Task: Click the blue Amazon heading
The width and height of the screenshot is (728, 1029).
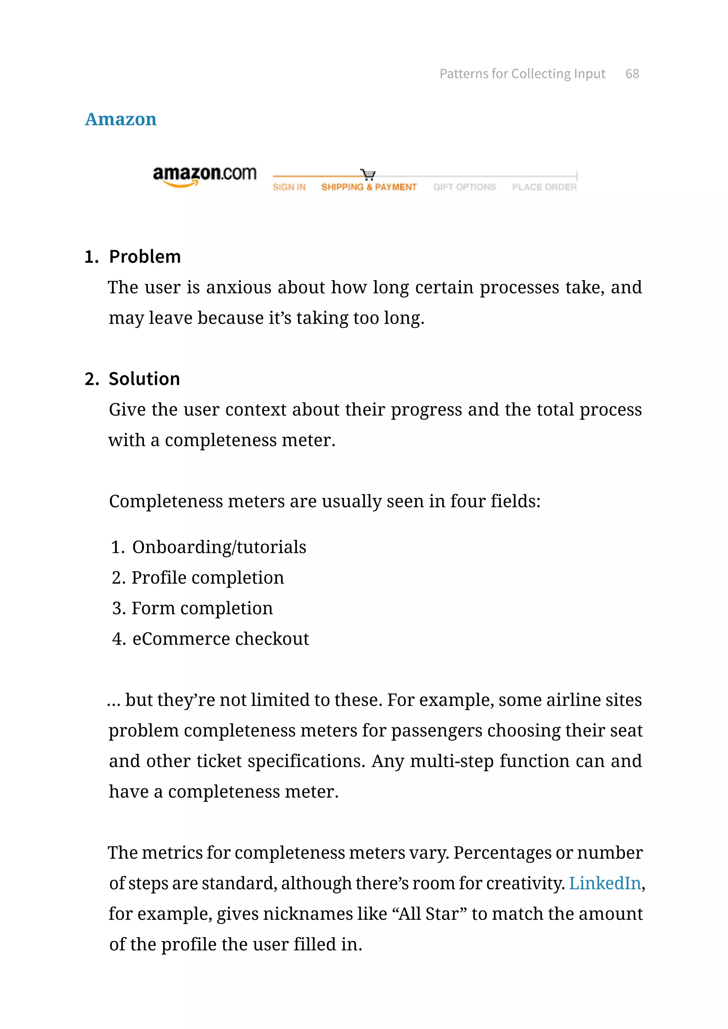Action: point(121,119)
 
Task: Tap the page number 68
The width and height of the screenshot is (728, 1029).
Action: point(632,74)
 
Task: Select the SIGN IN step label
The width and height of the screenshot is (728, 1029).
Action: point(289,187)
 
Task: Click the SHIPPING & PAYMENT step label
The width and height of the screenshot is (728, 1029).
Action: point(369,187)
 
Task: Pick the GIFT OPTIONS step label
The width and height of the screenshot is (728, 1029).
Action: point(464,187)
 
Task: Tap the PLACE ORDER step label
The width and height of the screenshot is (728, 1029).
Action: point(544,187)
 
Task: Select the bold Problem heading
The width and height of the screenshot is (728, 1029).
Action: point(145,257)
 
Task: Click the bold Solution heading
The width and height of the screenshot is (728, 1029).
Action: point(144,379)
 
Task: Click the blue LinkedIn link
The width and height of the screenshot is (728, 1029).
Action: point(605,883)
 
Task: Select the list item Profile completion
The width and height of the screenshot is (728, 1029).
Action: point(208,578)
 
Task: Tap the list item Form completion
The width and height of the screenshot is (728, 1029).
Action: point(202,608)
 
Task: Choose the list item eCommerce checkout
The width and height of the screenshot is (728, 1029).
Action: point(220,639)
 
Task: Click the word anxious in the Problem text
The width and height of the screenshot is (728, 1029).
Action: point(239,287)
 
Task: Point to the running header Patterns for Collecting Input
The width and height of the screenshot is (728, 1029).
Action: point(522,74)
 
